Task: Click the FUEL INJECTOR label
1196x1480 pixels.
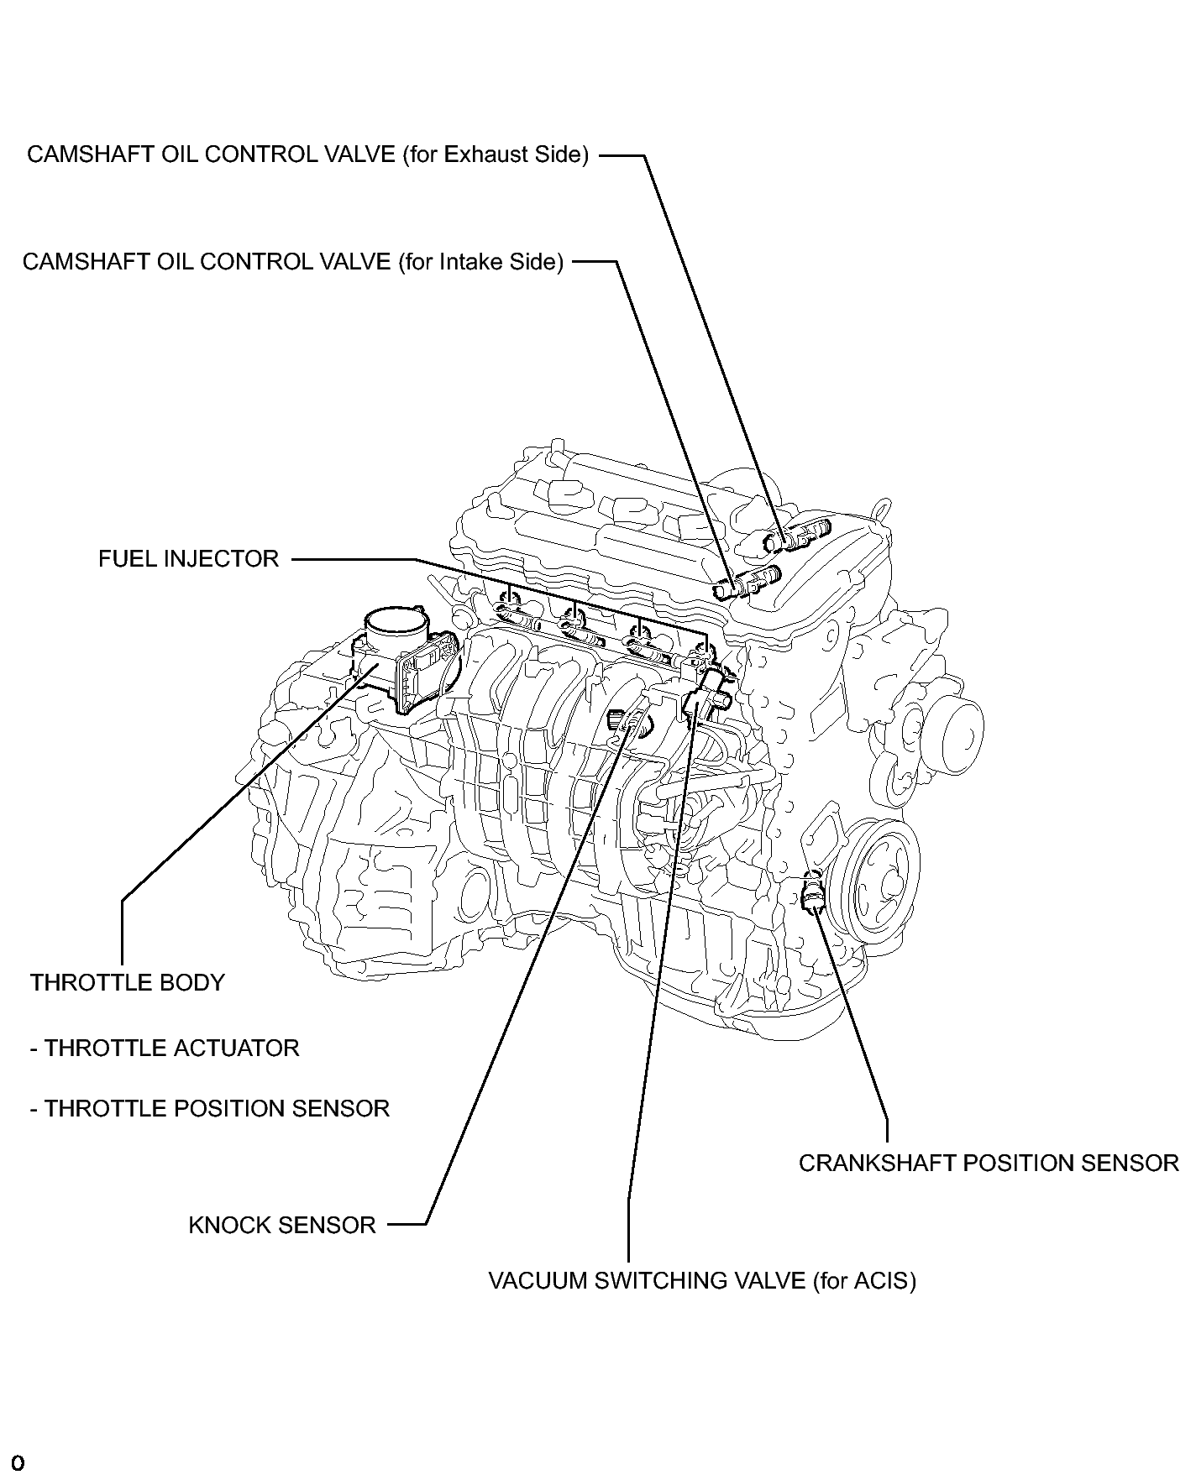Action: point(188,559)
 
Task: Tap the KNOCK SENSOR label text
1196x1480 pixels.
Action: point(281,1226)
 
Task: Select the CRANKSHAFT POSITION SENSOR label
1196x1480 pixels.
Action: point(988,1164)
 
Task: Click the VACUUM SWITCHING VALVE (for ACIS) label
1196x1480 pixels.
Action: point(701,1281)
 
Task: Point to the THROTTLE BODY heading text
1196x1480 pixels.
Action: point(128,983)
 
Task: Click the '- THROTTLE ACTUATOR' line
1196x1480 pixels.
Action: point(165,1049)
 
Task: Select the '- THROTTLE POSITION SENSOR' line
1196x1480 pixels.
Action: point(210,1109)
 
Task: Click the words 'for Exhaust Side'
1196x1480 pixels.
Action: point(496,155)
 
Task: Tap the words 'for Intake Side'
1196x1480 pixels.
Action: point(480,262)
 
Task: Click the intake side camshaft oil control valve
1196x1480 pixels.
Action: point(747,582)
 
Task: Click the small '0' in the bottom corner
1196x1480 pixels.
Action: point(18,1463)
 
